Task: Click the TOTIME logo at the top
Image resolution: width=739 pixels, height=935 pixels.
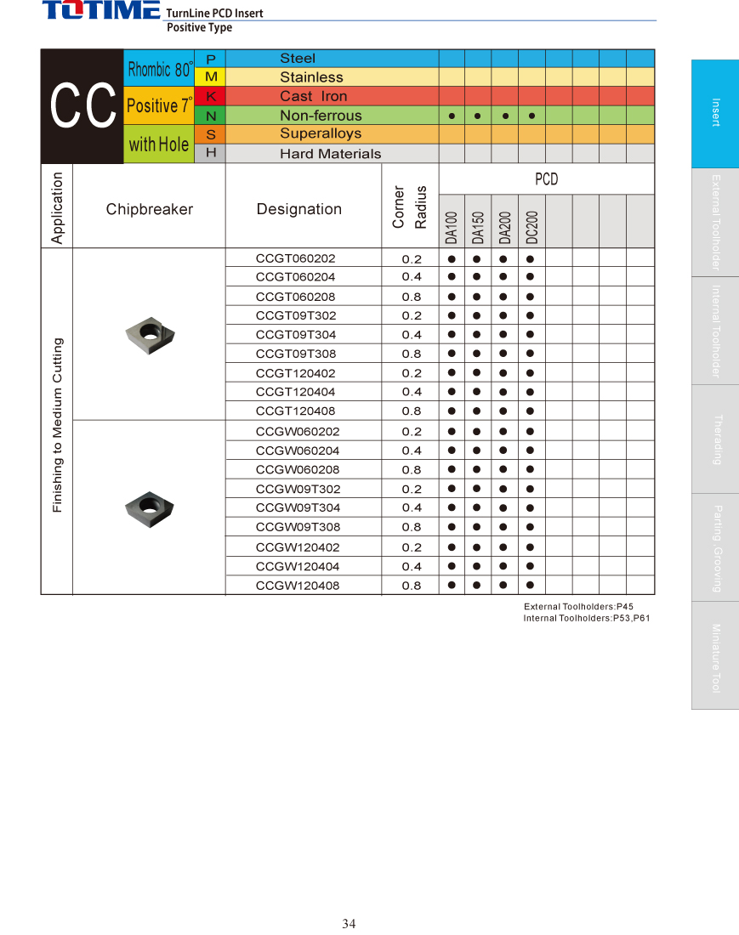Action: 101,11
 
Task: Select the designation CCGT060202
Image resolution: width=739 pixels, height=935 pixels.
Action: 295,258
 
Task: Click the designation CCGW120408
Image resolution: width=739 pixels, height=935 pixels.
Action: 297,586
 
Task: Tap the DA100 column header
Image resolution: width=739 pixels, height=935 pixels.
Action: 452,226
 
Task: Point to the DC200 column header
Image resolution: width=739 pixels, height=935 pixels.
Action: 532,226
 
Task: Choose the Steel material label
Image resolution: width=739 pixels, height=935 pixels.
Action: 298,58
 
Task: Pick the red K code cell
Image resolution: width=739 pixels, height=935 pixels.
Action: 211,96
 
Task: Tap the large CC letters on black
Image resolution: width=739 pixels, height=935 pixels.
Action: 82,106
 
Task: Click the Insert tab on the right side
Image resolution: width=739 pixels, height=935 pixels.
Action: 715,113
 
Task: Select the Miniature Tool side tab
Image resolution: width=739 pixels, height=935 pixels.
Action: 715,657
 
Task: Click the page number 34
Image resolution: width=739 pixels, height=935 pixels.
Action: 349,924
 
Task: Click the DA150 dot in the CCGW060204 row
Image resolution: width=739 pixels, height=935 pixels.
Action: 477,450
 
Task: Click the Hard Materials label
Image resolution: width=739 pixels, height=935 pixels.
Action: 330,154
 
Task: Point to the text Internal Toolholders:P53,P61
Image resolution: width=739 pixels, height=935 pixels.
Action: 586,618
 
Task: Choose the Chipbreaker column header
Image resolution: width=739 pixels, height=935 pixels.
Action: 150,209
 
